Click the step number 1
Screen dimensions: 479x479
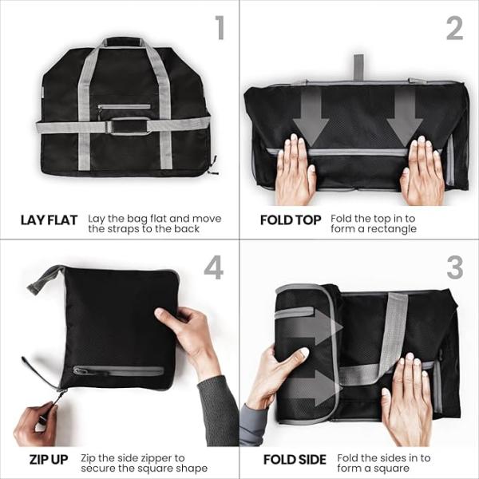pyautogui.click(x=220, y=28)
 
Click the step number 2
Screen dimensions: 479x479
pyautogui.click(x=454, y=28)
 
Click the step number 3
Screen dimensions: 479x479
pyautogui.click(x=454, y=267)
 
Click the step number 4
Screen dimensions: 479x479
pyautogui.click(x=213, y=267)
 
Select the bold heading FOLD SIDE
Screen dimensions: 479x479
pyautogui.click(x=295, y=460)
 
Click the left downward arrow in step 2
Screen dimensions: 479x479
pyautogui.click(x=310, y=116)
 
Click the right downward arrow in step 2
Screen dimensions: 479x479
pyautogui.click(x=404, y=116)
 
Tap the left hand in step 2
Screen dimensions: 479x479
pyautogui.click(x=294, y=172)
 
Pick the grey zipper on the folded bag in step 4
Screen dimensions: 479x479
pyautogui.click(x=116, y=370)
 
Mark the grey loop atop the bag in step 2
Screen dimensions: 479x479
pyautogui.click(x=358, y=67)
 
